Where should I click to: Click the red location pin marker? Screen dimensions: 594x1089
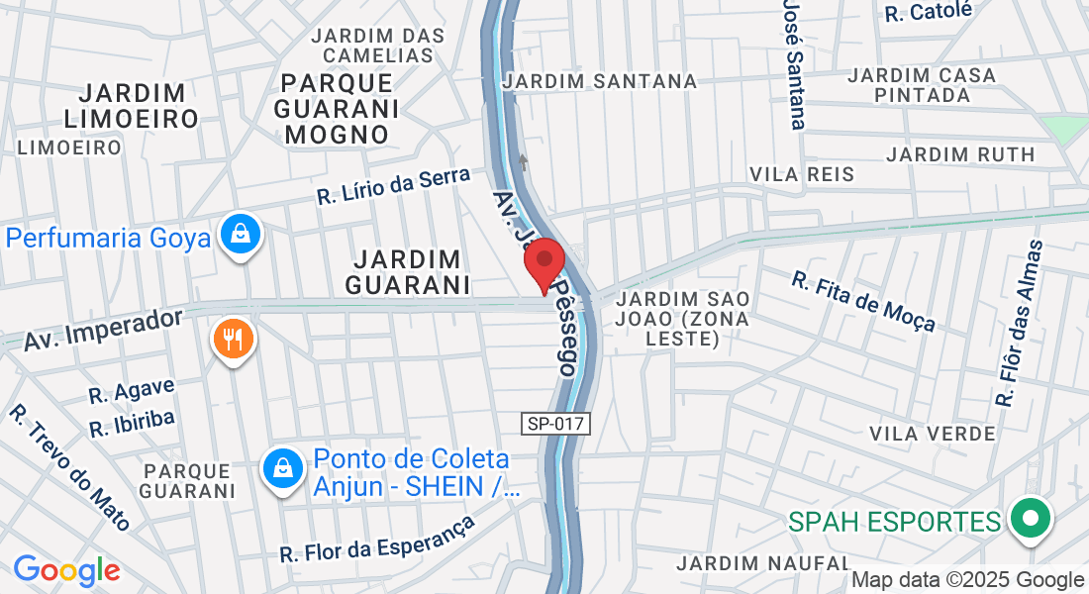click(544, 262)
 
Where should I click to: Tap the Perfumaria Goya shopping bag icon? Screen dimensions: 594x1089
click(241, 236)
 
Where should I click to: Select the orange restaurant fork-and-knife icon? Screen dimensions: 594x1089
click(234, 341)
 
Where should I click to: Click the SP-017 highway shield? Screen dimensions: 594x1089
click(556, 424)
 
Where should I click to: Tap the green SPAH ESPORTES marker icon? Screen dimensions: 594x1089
click(1031, 519)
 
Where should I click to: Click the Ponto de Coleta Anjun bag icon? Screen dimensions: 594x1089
click(283, 468)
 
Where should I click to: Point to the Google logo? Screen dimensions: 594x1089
click(66, 570)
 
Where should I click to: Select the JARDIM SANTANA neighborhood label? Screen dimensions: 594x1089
click(600, 81)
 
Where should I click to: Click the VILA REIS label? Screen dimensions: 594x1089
click(802, 174)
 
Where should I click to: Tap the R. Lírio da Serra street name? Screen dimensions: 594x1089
click(394, 185)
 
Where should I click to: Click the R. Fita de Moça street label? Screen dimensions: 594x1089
click(863, 301)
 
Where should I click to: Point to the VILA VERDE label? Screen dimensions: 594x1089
click(932, 434)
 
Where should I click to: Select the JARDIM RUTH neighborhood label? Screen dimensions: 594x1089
click(960, 154)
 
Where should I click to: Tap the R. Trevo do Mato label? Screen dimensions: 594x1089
click(70, 466)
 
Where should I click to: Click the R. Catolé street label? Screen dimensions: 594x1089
click(930, 11)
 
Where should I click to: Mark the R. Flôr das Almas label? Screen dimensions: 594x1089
click(1021, 323)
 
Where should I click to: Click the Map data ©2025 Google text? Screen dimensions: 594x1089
click(967, 580)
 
